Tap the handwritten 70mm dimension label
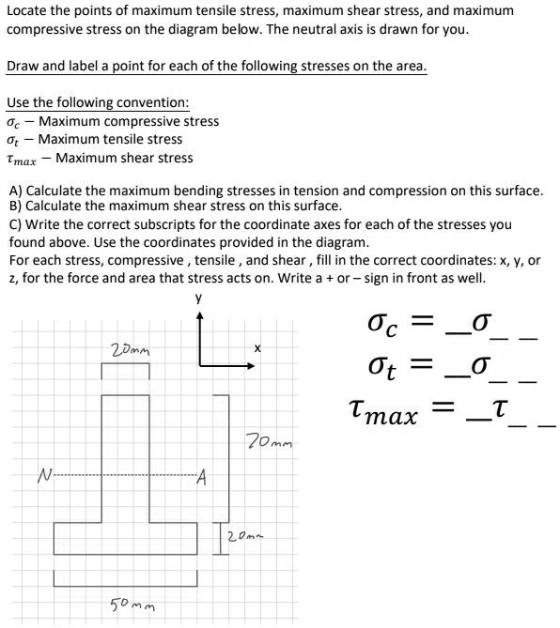[269, 439]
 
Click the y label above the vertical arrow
[199, 299]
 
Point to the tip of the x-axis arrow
[253, 367]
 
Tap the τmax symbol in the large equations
[382, 412]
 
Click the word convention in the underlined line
[152, 101]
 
